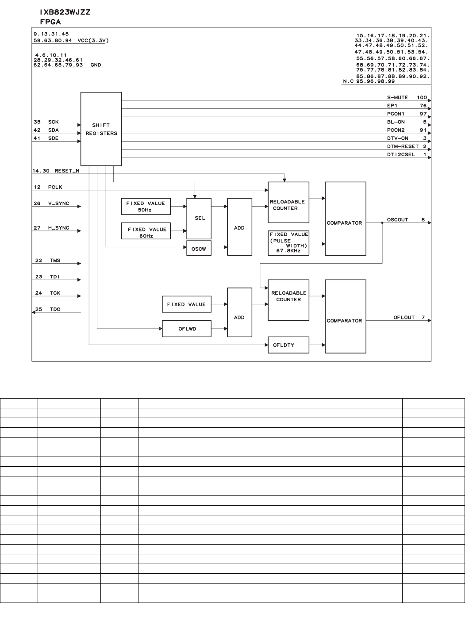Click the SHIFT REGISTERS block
coord(101,129)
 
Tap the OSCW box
coord(199,249)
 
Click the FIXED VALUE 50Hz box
coord(146,207)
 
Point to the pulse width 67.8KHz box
coord(288,243)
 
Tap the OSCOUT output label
coord(397,220)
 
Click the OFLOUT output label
coord(404,318)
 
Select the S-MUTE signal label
coord(397,98)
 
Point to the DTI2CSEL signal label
coord(401,155)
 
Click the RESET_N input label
coord(67,171)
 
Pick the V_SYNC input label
coord(58,203)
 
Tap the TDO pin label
coord(55,310)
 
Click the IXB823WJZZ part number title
coord(65,12)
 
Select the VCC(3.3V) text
coord(93,40)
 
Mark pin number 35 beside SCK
coord(37,122)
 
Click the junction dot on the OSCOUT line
coord(382,223)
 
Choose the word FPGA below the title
coord(50,22)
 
